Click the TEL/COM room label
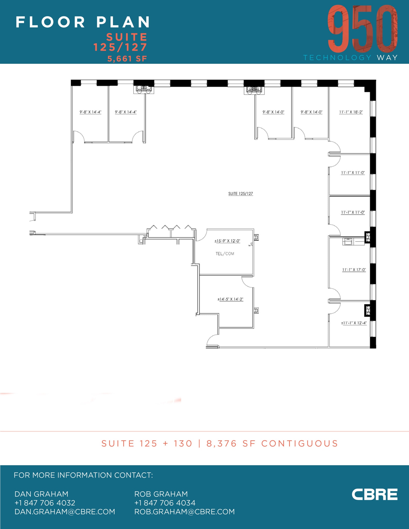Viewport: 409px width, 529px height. [x=225, y=254]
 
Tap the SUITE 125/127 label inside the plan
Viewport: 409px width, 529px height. [x=241, y=193]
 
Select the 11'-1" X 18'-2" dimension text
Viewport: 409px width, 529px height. [x=351, y=112]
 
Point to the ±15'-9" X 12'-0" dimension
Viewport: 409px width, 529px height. [x=227, y=241]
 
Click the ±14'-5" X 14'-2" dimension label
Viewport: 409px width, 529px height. [x=230, y=299]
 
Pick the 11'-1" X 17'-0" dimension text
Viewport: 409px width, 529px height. [x=354, y=270]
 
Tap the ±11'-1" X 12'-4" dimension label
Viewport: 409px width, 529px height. [x=354, y=323]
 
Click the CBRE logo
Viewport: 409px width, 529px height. [x=374, y=494]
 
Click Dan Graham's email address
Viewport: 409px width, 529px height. [x=65, y=512]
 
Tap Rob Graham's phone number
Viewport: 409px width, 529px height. [x=165, y=503]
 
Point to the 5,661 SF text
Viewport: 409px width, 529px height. [x=127, y=59]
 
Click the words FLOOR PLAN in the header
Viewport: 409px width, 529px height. [x=83, y=22]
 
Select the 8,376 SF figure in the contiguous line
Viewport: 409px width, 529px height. [x=222, y=444]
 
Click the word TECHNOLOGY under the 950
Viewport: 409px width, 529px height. [x=337, y=58]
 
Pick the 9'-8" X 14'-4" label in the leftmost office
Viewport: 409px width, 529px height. [x=90, y=112]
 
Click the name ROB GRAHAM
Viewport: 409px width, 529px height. [x=161, y=494]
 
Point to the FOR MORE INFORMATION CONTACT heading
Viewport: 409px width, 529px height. [x=83, y=475]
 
